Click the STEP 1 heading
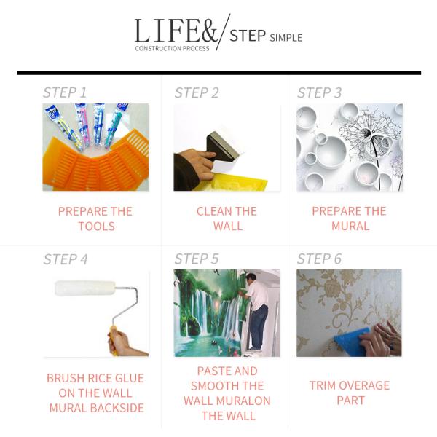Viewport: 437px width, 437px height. click(x=65, y=92)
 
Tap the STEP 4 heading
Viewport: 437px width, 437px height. click(x=66, y=259)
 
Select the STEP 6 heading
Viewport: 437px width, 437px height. click(x=319, y=259)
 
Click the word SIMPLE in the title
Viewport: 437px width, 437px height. click(x=286, y=38)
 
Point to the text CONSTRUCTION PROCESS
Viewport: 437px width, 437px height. click(x=172, y=48)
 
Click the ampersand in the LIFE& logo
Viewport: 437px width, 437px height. click(x=208, y=31)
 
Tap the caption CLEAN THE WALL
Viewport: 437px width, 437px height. click(x=227, y=219)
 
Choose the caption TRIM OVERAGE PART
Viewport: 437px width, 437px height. click(x=350, y=393)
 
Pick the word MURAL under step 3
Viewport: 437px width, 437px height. click(x=350, y=226)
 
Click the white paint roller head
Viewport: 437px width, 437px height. click(x=85, y=288)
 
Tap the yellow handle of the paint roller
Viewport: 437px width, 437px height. click(x=114, y=340)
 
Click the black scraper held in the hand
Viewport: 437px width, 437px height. click(x=222, y=146)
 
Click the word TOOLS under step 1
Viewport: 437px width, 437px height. click(x=96, y=226)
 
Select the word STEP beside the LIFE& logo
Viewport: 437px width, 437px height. click(x=248, y=36)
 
